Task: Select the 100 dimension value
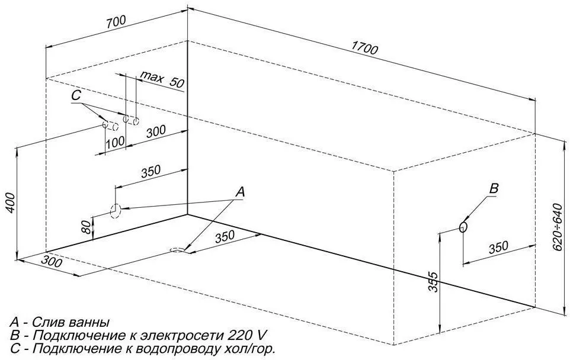pos(115,142)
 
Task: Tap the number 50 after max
pos(177,82)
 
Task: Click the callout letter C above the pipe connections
pos(76,95)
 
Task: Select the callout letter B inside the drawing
pos(494,188)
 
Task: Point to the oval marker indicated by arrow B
pos(463,226)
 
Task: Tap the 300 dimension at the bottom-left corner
pos(52,262)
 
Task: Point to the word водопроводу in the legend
pos(177,349)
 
